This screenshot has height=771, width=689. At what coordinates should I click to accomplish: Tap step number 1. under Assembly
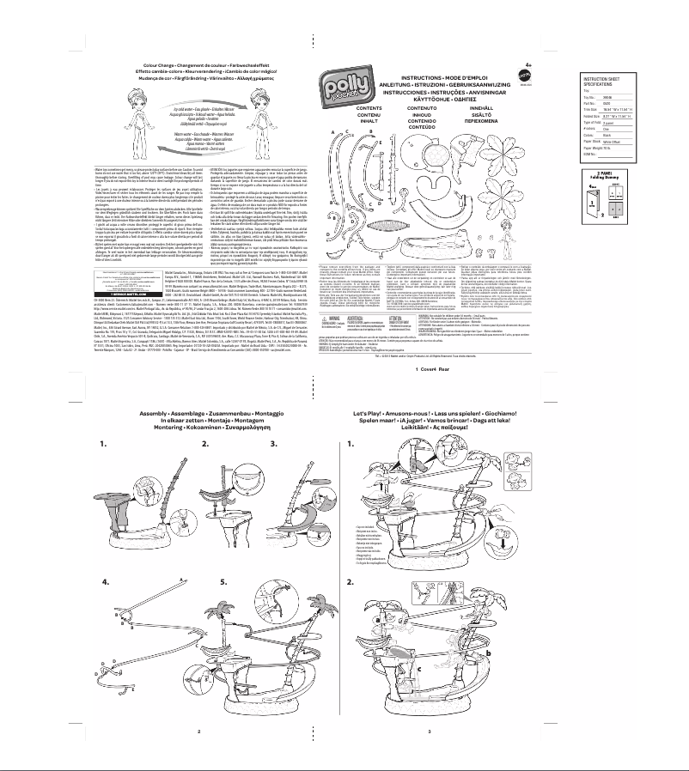coord(103,445)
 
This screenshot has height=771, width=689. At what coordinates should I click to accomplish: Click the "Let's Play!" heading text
coord(372,413)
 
